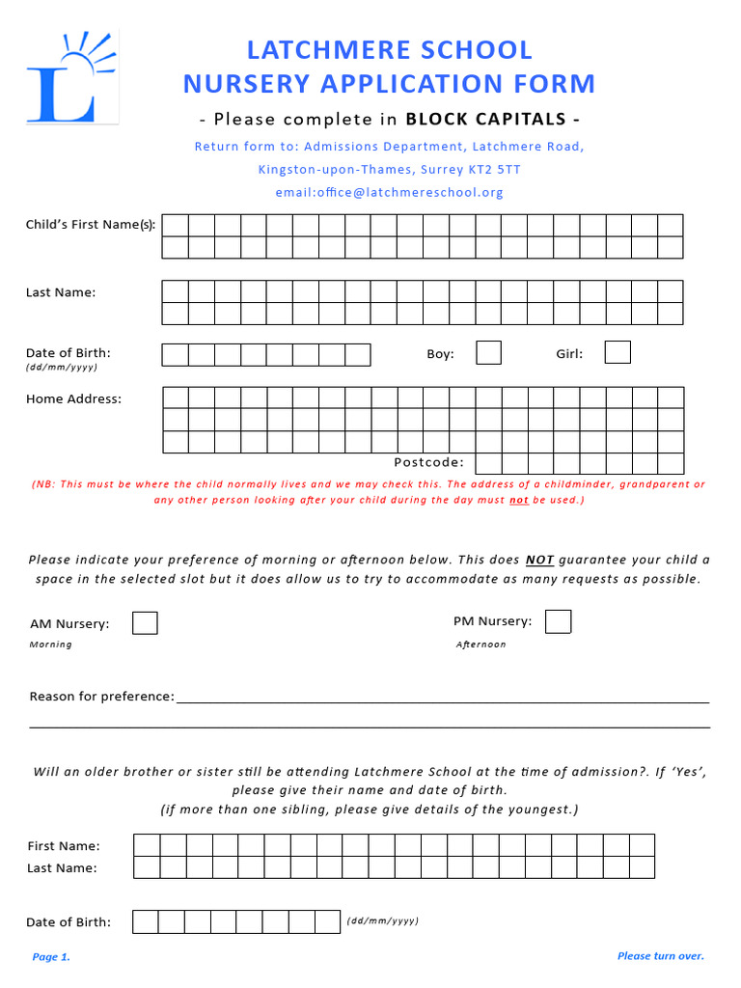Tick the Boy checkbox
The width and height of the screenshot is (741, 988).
(489, 353)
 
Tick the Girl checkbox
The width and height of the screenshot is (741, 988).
(617, 353)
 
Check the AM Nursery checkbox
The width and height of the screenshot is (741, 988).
(145, 623)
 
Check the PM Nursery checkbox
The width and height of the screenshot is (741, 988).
(558, 622)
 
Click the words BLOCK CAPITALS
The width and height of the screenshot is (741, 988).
(485, 120)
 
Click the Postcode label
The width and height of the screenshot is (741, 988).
(428, 463)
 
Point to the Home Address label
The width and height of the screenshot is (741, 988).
(73, 398)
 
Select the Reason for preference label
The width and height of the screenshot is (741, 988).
(101, 697)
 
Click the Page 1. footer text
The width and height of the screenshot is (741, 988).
(51, 957)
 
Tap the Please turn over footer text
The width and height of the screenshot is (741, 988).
(661, 956)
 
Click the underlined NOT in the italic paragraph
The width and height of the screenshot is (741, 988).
(539, 560)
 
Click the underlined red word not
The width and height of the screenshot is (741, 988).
(519, 501)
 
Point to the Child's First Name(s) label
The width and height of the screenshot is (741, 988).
(91, 225)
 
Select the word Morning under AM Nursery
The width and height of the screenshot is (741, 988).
(50, 645)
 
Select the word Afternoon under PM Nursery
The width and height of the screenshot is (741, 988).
(480, 645)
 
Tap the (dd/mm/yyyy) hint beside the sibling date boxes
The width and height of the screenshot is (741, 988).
(382, 921)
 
